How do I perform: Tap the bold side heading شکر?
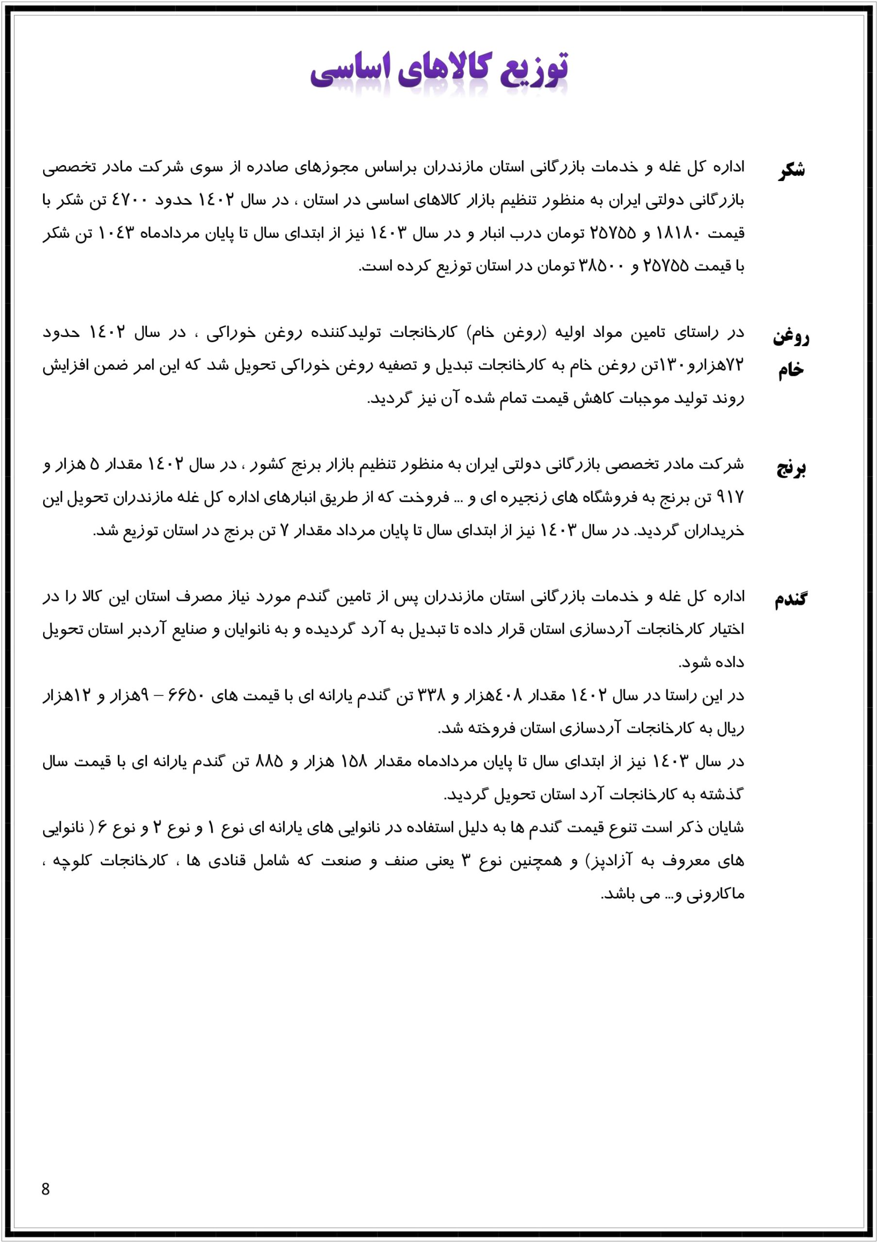792,170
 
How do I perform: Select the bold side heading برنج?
792,468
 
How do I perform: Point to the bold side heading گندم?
790,599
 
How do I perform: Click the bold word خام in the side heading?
791,370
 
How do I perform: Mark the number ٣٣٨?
429,696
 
